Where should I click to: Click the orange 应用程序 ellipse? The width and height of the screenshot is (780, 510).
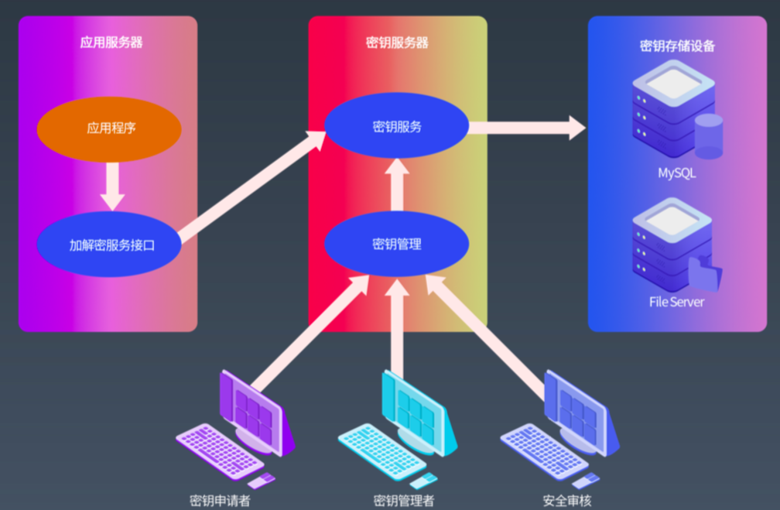tap(109, 129)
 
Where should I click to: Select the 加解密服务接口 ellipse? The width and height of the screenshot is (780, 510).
tap(109, 245)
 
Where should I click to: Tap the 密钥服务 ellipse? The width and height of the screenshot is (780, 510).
tap(396, 126)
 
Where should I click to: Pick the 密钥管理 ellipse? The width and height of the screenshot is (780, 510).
tap(396, 244)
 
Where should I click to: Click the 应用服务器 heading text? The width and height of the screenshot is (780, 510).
tap(111, 43)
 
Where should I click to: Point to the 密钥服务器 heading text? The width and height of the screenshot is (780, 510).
tap(397, 43)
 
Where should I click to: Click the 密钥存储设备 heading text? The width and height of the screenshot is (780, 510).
tap(677, 46)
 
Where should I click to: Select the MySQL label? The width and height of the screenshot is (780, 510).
tap(676, 173)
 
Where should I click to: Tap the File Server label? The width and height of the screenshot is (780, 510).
tap(676, 302)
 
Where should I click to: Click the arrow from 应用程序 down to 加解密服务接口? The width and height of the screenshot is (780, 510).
tap(112, 186)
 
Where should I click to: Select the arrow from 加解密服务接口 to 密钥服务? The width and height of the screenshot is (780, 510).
tap(253, 187)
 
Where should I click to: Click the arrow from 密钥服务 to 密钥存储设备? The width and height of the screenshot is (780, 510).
tap(527, 128)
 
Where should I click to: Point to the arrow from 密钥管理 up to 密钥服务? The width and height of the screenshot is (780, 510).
tap(397, 184)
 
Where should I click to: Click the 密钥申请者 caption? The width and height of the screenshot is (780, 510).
tap(220, 501)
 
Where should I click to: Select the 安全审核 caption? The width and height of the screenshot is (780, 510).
tap(567, 501)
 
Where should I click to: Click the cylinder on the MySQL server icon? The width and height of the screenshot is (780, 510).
tap(709, 136)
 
